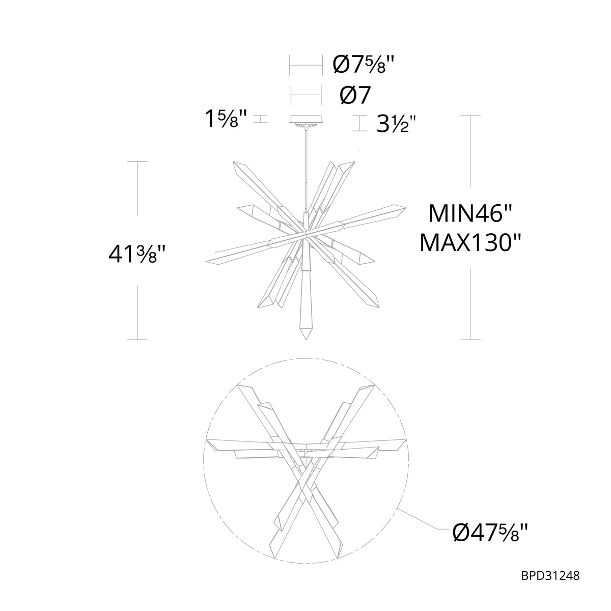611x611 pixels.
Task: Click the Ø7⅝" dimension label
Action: point(364,65)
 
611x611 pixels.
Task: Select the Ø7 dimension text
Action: point(355,95)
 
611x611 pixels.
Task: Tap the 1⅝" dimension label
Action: point(226,119)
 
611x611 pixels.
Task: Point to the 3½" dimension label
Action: point(396,124)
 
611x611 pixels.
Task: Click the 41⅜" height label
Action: point(136,254)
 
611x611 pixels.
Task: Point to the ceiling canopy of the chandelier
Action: point(306,119)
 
